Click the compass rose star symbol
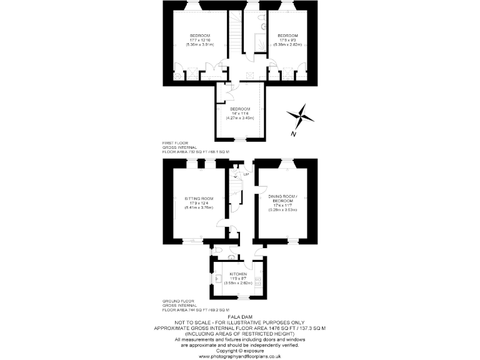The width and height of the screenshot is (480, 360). [x=301, y=117]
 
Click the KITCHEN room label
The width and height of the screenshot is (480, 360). [x=238, y=274]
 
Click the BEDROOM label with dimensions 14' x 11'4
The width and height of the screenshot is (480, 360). [x=240, y=108]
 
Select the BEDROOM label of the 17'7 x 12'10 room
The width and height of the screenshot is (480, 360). [x=200, y=35]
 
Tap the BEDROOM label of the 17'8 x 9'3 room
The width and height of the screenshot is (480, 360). [x=287, y=35]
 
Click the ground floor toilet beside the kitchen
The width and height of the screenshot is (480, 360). [x=232, y=257]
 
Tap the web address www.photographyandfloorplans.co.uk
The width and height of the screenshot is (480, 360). [x=240, y=356]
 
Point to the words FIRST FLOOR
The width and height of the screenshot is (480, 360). [x=174, y=142]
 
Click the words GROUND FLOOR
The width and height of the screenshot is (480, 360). [x=177, y=301]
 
